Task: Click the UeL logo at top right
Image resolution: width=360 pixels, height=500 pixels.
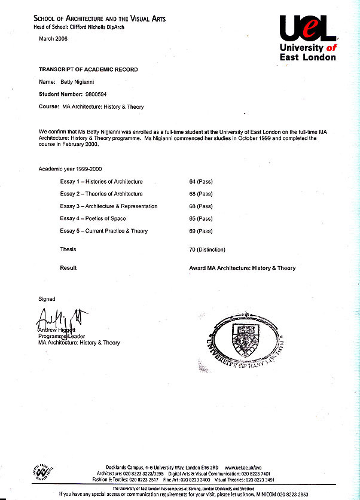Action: [307, 37]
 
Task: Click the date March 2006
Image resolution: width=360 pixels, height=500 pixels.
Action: [53, 38]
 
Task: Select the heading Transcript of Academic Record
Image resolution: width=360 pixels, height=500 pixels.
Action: [88, 69]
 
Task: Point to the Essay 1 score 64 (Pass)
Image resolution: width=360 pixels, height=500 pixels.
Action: [201, 181]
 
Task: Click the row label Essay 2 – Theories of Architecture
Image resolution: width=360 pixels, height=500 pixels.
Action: [101, 194]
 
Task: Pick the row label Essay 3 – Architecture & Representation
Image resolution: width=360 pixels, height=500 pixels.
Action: [108, 206]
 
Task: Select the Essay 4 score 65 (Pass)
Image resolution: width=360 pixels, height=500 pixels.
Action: [201, 219]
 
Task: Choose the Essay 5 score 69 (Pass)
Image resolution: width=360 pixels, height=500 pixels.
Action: [201, 231]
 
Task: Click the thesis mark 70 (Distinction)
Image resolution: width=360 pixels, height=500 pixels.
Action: [207, 249]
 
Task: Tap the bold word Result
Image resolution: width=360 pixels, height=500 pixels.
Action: [68, 268]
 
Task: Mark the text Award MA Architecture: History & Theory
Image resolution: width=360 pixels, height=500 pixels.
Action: [242, 269]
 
